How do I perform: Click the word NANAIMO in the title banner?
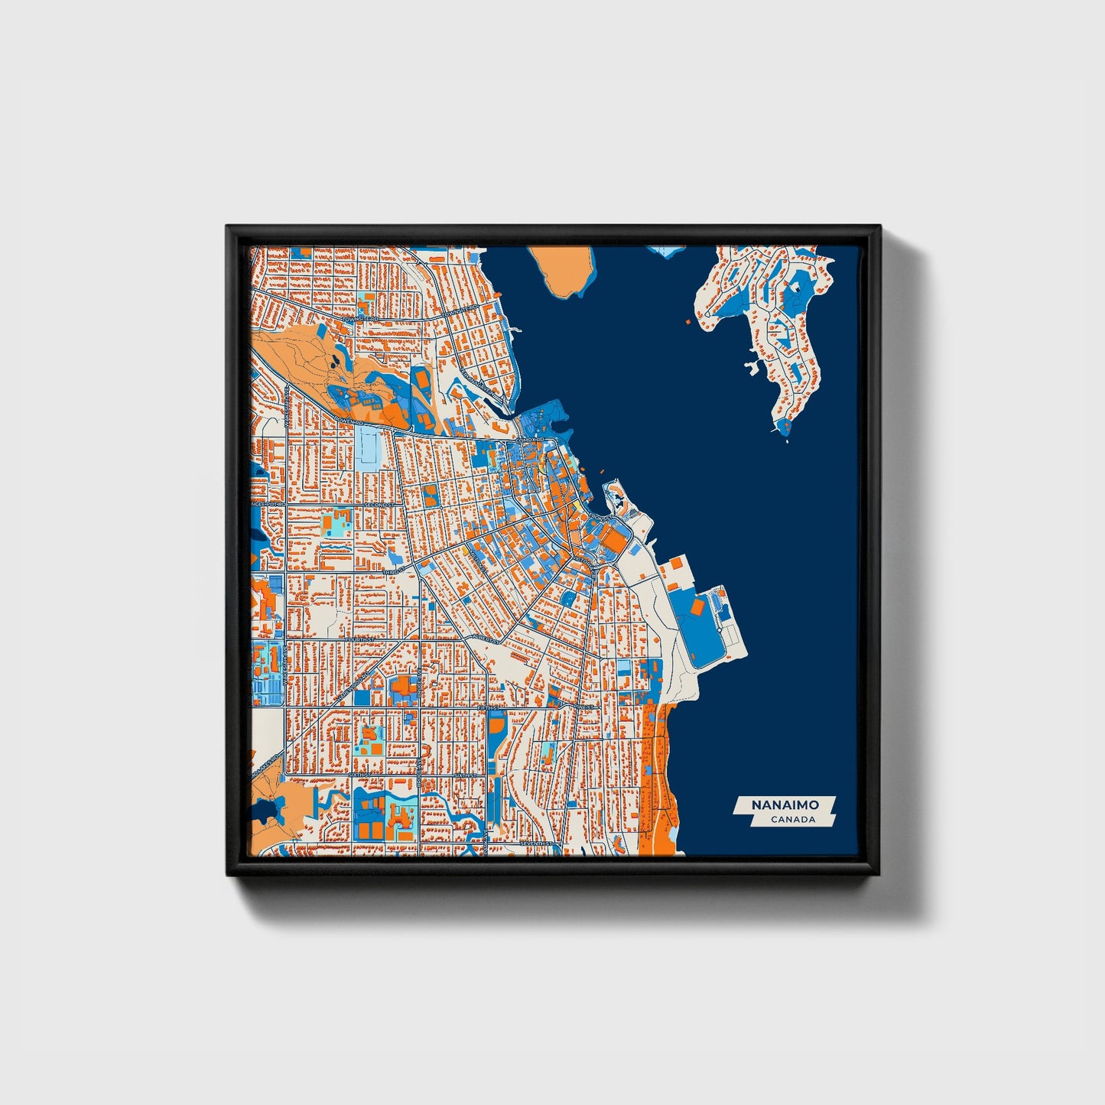click(785, 805)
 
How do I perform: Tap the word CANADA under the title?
click(792, 820)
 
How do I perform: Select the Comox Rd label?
click(529, 441)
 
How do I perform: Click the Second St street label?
click(379, 505)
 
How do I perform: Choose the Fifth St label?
click(486, 708)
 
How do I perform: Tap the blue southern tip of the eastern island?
click(783, 426)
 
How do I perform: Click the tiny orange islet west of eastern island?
click(687, 322)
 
